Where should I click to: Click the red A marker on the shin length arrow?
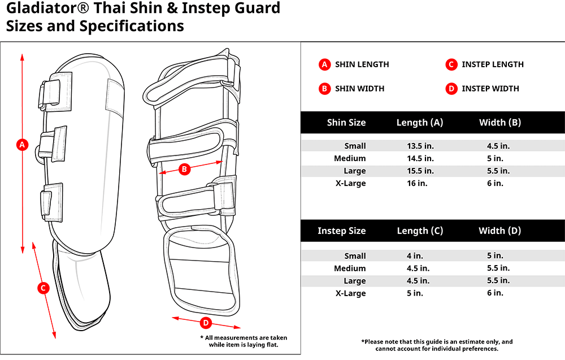tap(22, 145)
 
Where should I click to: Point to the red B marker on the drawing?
tap(184, 168)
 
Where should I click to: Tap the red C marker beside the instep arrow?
tap(43, 288)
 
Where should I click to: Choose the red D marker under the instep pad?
tap(206, 323)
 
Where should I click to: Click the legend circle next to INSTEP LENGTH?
tap(451, 64)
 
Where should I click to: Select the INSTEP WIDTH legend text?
tap(490, 89)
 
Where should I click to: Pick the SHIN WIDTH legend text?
tap(359, 89)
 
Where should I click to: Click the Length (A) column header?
tap(420, 123)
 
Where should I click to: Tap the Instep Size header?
tap(341, 231)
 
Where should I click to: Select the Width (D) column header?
tap(499, 231)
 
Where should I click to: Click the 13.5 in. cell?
tap(420, 146)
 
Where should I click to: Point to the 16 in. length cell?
tap(415, 183)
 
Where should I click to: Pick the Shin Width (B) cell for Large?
tap(498, 171)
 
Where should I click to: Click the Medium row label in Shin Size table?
tap(350, 158)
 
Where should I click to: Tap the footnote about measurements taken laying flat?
tap(244, 341)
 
